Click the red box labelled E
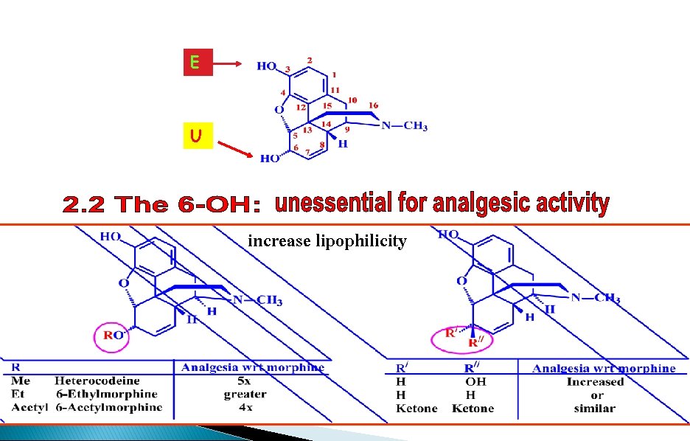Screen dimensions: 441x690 [x=198, y=63]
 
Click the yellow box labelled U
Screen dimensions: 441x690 [x=198, y=136]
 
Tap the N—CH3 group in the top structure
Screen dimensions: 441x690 [x=405, y=127]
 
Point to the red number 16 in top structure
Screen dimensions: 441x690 [x=373, y=106]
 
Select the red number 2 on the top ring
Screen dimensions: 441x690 [x=310, y=60]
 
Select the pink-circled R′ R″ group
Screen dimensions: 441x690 [x=462, y=338]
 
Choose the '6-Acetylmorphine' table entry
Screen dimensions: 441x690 [x=108, y=408]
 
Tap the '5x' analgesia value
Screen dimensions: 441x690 [x=245, y=381]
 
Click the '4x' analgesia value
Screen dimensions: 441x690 [x=245, y=408]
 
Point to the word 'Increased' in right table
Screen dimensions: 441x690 [x=595, y=381]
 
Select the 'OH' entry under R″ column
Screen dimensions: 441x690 [x=475, y=381]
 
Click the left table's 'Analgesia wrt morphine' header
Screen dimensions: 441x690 [x=252, y=367]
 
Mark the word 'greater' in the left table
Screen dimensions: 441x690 [x=245, y=395]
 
